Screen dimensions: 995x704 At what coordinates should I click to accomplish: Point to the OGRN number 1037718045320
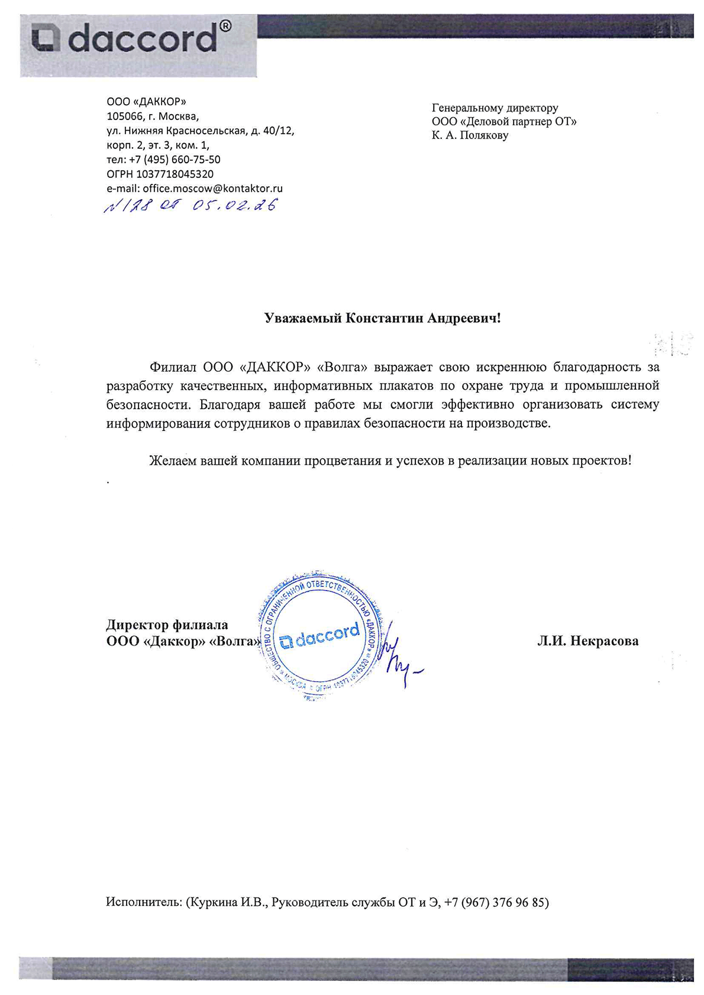[x=175, y=174]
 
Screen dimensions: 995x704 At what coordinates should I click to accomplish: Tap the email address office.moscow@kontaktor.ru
[x=212, y=189]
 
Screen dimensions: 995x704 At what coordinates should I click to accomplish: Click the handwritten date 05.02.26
[x=234, y=206]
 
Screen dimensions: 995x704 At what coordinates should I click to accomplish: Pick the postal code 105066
[x=125, y=116]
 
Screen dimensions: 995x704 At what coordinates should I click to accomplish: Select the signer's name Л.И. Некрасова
[x=587, y=641]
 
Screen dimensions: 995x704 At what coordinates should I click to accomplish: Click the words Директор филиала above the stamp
[x=167, y=625]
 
